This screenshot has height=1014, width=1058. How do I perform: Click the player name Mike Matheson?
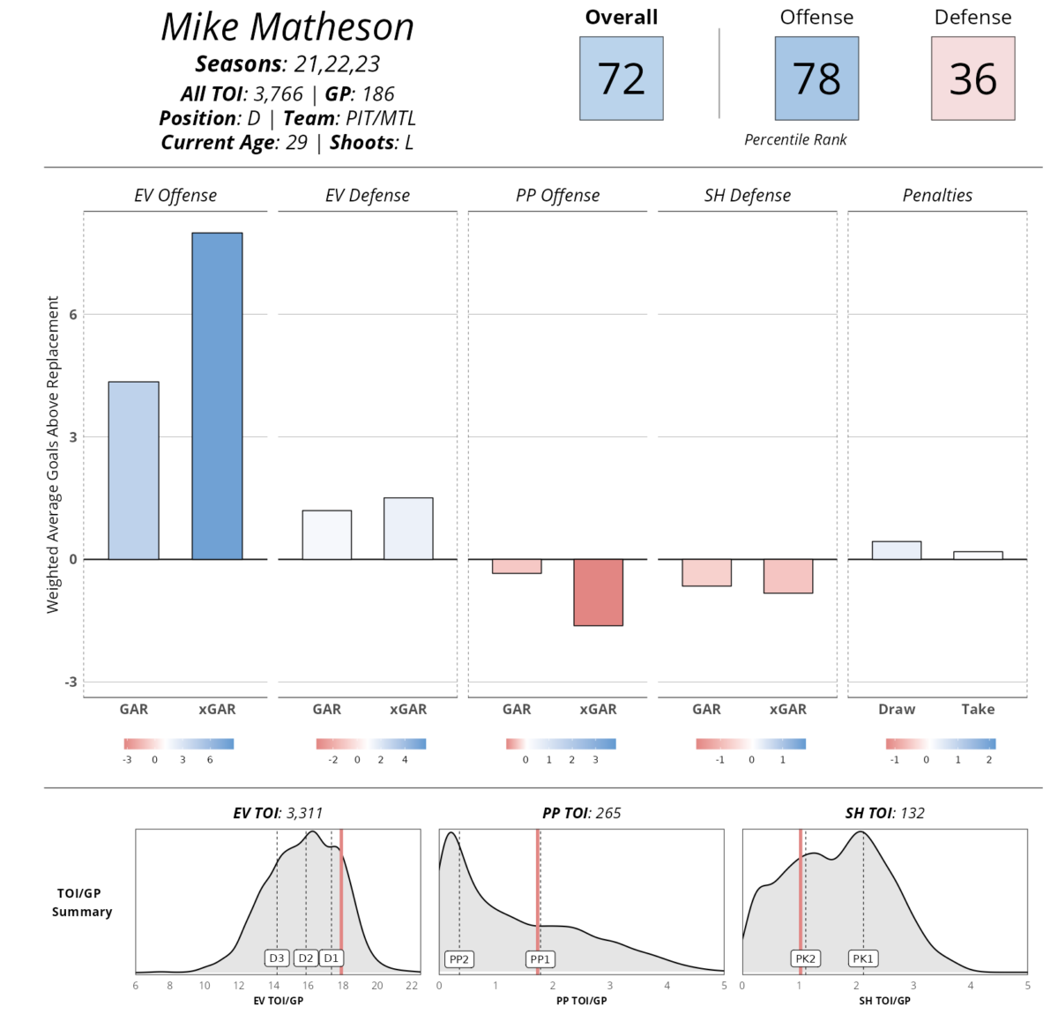(x=287, y=26)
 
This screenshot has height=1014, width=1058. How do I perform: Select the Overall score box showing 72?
(x=621, y=78)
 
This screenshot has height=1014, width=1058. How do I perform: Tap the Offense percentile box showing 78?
(x=816, y=78)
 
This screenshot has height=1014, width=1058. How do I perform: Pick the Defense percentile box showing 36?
(x=972, y=78)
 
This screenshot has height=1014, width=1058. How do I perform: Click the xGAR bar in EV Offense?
(x=217, y=396)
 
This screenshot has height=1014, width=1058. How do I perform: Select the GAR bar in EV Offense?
(x=134, y=470)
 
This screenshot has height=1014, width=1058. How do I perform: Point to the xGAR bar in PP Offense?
(x=598, y=592)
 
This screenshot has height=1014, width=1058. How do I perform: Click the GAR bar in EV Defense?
(x=327, y=534)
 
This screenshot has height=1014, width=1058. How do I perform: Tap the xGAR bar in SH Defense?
(x=788, y=576)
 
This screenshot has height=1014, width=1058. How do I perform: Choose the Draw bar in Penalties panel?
(x=897, y=550)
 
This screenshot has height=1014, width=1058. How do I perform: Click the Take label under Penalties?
(x=978, y=709)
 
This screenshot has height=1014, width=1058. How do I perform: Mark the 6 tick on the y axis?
(x=73, y=315)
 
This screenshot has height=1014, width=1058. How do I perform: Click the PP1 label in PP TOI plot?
(x=540, y=958)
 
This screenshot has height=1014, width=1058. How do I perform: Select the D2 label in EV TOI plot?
(x=306, y=958)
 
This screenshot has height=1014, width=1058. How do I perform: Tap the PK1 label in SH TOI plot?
(x=863, y=958)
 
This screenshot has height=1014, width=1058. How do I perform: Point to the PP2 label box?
(x=459, y=958)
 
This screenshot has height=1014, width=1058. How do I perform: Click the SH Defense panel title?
(x=747, y=196)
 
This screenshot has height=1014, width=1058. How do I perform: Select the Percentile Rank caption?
(x=795, y=139)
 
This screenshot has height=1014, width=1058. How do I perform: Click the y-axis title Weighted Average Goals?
(x=53, y=454)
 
